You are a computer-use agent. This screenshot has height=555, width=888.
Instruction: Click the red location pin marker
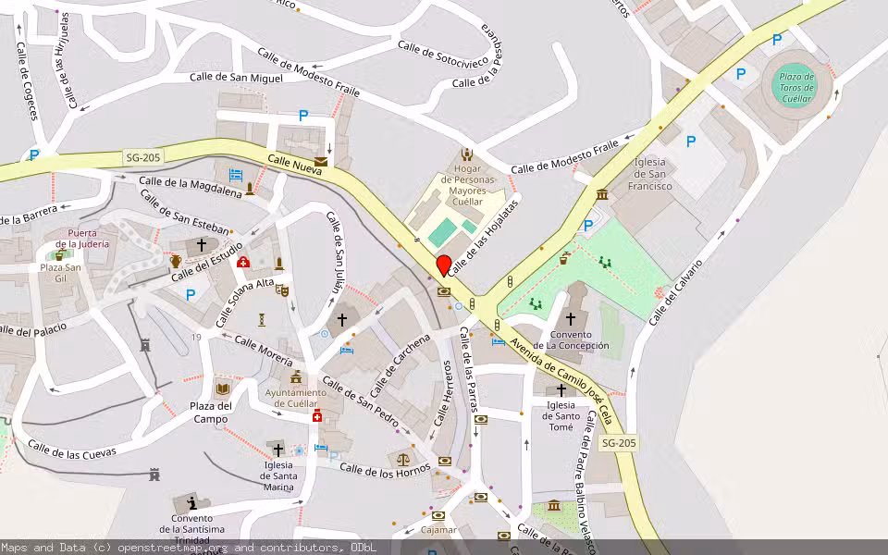[444, 265]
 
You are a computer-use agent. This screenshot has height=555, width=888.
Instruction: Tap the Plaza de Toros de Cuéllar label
[795, 88]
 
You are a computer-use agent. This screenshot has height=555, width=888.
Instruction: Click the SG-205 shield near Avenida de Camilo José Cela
[619, 443]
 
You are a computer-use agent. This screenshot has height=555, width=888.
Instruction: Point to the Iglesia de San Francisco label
[649, 174]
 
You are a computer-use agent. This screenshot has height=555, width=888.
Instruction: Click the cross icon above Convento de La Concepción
[570, 318]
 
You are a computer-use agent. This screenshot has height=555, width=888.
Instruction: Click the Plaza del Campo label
[211, 413]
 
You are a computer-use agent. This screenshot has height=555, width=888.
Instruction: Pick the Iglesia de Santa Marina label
[277, 476]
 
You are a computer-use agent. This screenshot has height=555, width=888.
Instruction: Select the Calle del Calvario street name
[675, 291]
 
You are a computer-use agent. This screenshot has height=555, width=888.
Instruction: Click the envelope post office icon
[320, 161]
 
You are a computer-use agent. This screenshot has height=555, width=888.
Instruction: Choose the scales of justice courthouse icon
[403, 458]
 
